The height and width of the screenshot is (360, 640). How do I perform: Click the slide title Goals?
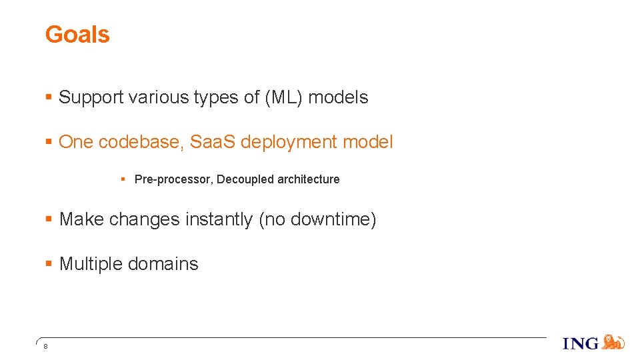click(x=77, y=35)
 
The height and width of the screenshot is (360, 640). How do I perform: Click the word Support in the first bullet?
click(x=91, y=97)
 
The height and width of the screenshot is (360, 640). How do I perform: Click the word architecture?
click(x=308, y=179)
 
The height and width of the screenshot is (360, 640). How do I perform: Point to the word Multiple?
click(x=91, y=264)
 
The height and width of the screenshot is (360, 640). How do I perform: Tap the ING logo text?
click(x=581, y=344)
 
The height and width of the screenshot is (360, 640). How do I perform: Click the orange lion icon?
click(x=613, y=343)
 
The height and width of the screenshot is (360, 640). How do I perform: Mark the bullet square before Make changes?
click(x=48, y=219)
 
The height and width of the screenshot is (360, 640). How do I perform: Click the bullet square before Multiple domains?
click(x=48, y=264)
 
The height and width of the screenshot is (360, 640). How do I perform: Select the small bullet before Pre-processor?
click(x=124, y=179)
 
